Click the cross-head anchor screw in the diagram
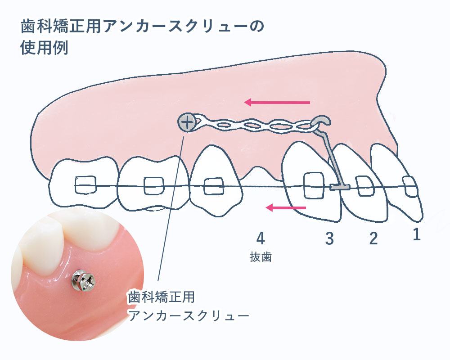[186, 121]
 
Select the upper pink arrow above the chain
[277, 103]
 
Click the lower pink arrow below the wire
[286, 207]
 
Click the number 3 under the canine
[329, 239]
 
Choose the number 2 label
[373, 238]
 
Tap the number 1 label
[416, 234]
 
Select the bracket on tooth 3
[313, 185]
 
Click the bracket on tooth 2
[364, 185]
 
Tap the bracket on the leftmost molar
[85, 184]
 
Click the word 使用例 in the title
[44, 48]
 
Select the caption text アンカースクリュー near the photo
[189, 315]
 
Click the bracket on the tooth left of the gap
[213, 186]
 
